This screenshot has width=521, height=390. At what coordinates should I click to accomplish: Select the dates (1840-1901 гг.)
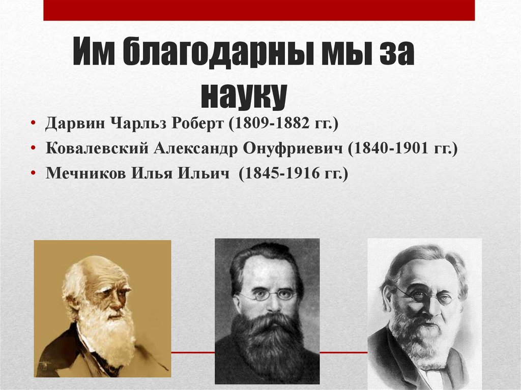point(402,149)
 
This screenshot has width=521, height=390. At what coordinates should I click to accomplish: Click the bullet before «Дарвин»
point(34,124)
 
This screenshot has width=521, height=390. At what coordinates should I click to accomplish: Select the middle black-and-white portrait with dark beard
point(267,311)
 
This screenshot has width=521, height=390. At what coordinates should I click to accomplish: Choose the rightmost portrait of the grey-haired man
point(424,313)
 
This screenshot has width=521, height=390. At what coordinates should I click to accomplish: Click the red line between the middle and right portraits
point(343,352)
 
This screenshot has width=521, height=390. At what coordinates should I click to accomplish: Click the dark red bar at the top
point(259,10)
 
